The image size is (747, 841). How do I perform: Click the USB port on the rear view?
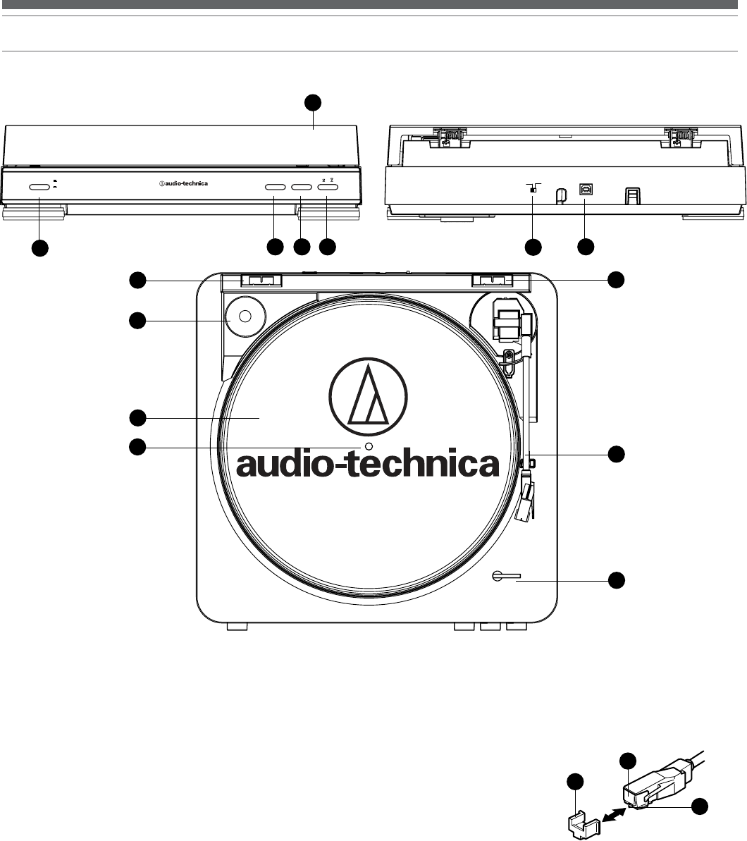tap(586, 189)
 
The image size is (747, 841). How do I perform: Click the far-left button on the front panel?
tap(39, 187)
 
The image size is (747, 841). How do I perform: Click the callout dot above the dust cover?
tap(312, 103)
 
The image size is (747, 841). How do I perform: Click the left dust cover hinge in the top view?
tap(261, 281)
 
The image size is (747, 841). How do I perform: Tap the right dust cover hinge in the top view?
tap(492, 281)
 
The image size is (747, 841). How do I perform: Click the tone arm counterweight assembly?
tap(507, 317)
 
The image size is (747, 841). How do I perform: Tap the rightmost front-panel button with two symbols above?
tap(328, 188)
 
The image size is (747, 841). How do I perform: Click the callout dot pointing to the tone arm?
tap(617, 454)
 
